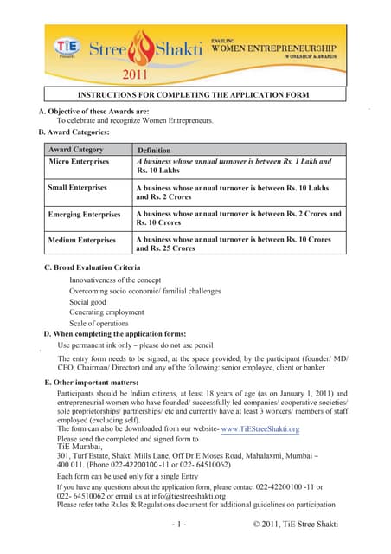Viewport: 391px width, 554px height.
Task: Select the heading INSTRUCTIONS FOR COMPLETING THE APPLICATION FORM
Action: coord(195,93)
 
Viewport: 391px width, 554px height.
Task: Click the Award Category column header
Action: coord(76,150)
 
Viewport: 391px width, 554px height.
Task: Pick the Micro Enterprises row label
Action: coord(78,162)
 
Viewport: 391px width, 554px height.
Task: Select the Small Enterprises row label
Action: coord(78,187)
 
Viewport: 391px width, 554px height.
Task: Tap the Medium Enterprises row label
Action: coord(82,239)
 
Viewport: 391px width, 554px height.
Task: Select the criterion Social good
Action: coord(89,302)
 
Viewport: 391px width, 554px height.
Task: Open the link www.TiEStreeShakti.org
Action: coord(260,429)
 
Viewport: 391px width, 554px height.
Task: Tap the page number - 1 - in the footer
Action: coord(179,525)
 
